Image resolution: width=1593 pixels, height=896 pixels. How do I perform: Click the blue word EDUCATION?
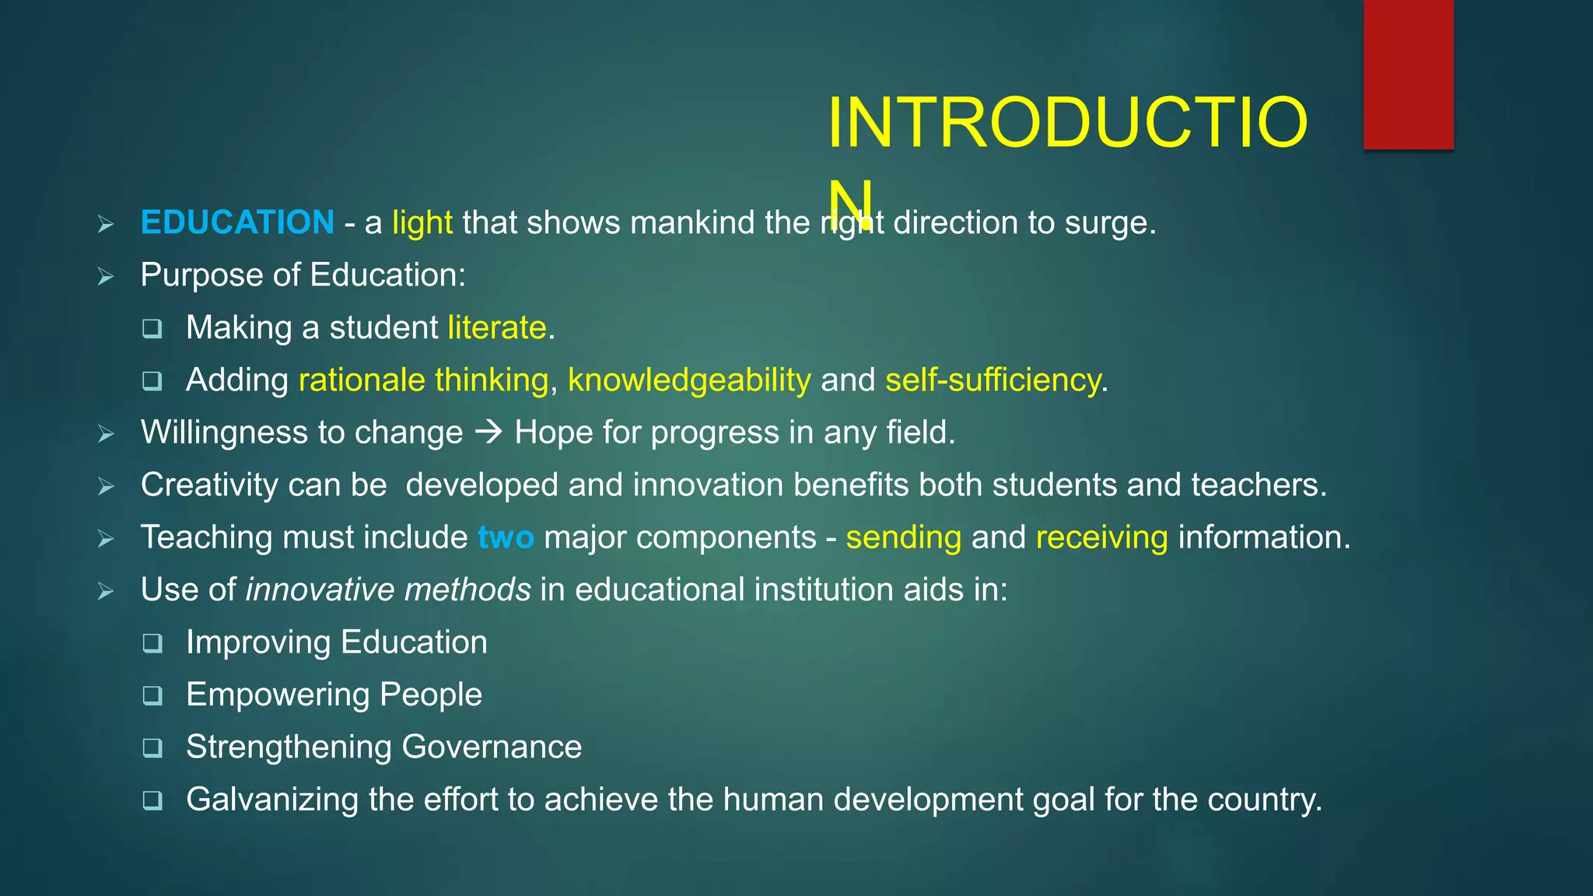(x=237, y=222)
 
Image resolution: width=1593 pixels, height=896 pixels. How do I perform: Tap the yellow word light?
(x=422, y=222)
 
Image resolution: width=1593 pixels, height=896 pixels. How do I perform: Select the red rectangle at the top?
(x=1408, y=74)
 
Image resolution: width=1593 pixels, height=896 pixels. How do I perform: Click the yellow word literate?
(x=497, y=327)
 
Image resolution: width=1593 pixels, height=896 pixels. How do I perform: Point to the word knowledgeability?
(x=689, y=380)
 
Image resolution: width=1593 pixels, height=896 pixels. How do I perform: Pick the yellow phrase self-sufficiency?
(x=993, y=380)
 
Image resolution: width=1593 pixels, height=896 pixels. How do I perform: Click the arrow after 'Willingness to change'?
(x=488, y=432)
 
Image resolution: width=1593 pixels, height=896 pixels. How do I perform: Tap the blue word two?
(x=506, y=537)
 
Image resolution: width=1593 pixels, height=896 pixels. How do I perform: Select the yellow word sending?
(x=903, y=537)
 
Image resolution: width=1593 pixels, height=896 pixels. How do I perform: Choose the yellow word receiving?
(x=1101, y=537)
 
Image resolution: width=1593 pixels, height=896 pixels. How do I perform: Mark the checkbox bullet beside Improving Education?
(x=152, y=643)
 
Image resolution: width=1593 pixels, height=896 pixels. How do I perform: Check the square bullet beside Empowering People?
(x=152, y=695)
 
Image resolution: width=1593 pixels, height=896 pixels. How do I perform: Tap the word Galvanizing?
(x=272, y=800)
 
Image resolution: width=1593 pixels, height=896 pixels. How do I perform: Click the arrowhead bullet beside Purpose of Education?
(x=106, y=276)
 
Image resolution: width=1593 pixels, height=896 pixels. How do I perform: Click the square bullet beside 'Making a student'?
(x=152, y=329)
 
